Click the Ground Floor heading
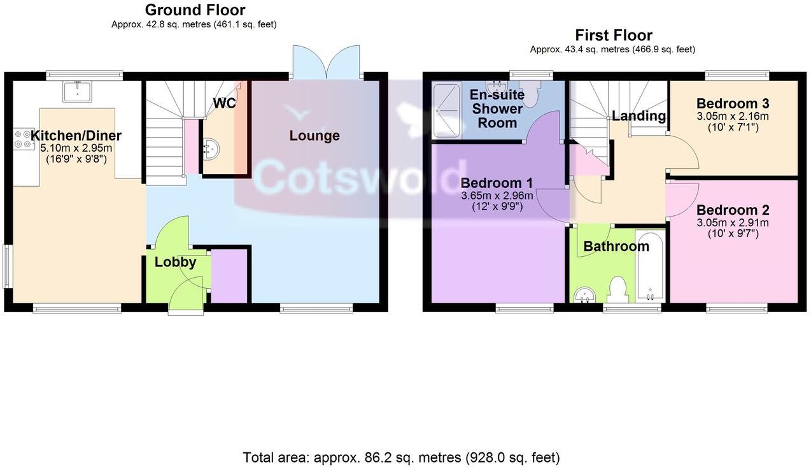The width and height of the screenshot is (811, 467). point(195,10)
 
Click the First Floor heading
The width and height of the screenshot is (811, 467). point(613,35)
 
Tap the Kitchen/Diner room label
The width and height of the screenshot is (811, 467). point(76,136)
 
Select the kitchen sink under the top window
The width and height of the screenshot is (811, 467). point(78,92)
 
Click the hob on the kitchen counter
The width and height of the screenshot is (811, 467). point(23,140)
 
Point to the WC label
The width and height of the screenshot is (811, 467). point(224,103)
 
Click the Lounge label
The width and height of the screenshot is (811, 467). point(314,136)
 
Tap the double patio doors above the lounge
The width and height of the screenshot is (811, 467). point(327,62)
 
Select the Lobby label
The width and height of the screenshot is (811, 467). point(175,262)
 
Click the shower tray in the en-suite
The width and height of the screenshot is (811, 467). point(446,110)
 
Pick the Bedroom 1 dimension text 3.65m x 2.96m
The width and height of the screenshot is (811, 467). point(497,196)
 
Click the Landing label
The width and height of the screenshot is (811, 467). point(638,116)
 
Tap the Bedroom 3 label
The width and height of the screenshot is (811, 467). point(733,104)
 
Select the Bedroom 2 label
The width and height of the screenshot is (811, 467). point(733,210)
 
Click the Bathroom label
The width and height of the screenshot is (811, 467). point(616,246)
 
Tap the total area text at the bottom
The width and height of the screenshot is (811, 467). point(401,457)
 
